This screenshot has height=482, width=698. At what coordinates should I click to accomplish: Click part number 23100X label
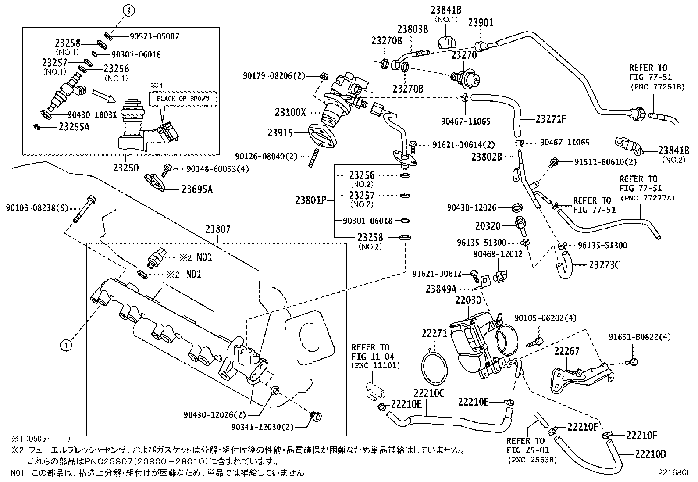pyautogui.click(x=290, y=112)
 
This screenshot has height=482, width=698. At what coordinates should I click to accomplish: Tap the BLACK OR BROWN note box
pyautogui.click(x=183, y=99)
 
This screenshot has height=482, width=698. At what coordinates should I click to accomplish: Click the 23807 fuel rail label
pyautogui.click(x=217, y=229)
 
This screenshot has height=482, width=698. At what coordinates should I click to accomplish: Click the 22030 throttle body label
pyautogui.click(x=468, y=300)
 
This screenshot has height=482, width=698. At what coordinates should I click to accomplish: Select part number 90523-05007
pyautogui.click(x=154, y=36)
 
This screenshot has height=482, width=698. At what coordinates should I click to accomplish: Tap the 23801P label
pyautogui.click(x=310, y=200)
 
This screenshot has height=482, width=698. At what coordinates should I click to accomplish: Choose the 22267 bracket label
pyautogui.click(x=566, y=351)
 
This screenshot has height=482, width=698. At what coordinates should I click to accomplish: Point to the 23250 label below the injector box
pyautogui.click(x=125, y=168)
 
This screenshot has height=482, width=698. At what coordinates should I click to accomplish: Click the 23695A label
pyautogui.click(x=197, y=189)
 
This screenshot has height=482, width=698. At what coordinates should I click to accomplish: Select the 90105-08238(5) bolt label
pyautogui.click(x=37, y=207)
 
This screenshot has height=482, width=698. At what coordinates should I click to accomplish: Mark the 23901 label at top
pyautogui.click(x=481, y=23)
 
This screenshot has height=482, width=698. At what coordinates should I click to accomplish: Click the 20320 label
pyautogui.click(x=487, y=226)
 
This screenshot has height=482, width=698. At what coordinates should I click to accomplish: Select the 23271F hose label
pyautogui.click(x=551, y=119)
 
